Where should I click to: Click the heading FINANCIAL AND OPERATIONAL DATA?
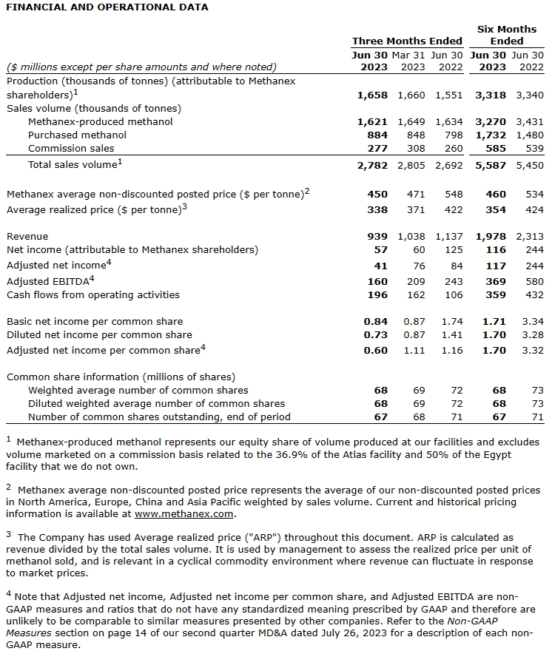pos(107,7)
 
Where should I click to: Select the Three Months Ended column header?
pos(407,41)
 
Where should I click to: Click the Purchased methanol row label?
pos(77,135)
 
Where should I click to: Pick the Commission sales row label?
pos(71,149)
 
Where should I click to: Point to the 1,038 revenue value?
pos(411,237)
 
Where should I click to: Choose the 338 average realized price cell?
pos(377,210)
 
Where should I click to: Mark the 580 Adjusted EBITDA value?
pos(534,281)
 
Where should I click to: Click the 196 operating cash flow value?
pos(377,295)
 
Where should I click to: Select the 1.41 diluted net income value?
pos(451,335)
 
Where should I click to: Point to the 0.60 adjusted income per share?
pos(375,350)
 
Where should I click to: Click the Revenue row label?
pos(27,237)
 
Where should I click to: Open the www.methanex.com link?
pos(184,514)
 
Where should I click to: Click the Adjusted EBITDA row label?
pos(49,281)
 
